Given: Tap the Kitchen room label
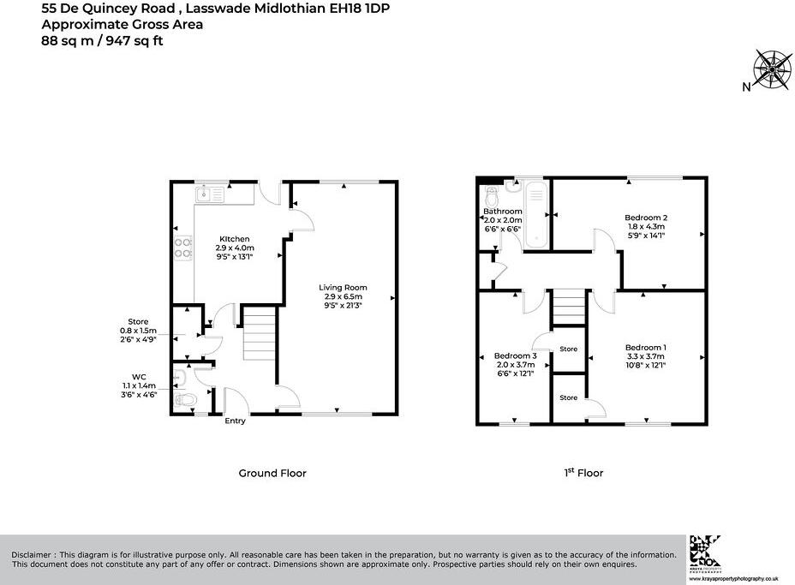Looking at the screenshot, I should [x=234, y=238].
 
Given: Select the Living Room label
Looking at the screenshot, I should [x=343, y=288].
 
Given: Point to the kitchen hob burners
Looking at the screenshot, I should [x=183, y=248].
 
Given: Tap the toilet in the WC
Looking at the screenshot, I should [x=184, y=399].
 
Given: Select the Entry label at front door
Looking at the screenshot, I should [x=235, y=421].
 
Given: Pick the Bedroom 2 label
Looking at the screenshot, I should [x=645, y=218].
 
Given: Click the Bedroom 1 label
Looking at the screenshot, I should [x=645, y=347].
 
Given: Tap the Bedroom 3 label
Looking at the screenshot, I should [x=515, y=355].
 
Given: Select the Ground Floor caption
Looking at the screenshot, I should [x=271, y=473].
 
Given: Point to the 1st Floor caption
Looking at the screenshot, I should [x=583, y=473].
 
